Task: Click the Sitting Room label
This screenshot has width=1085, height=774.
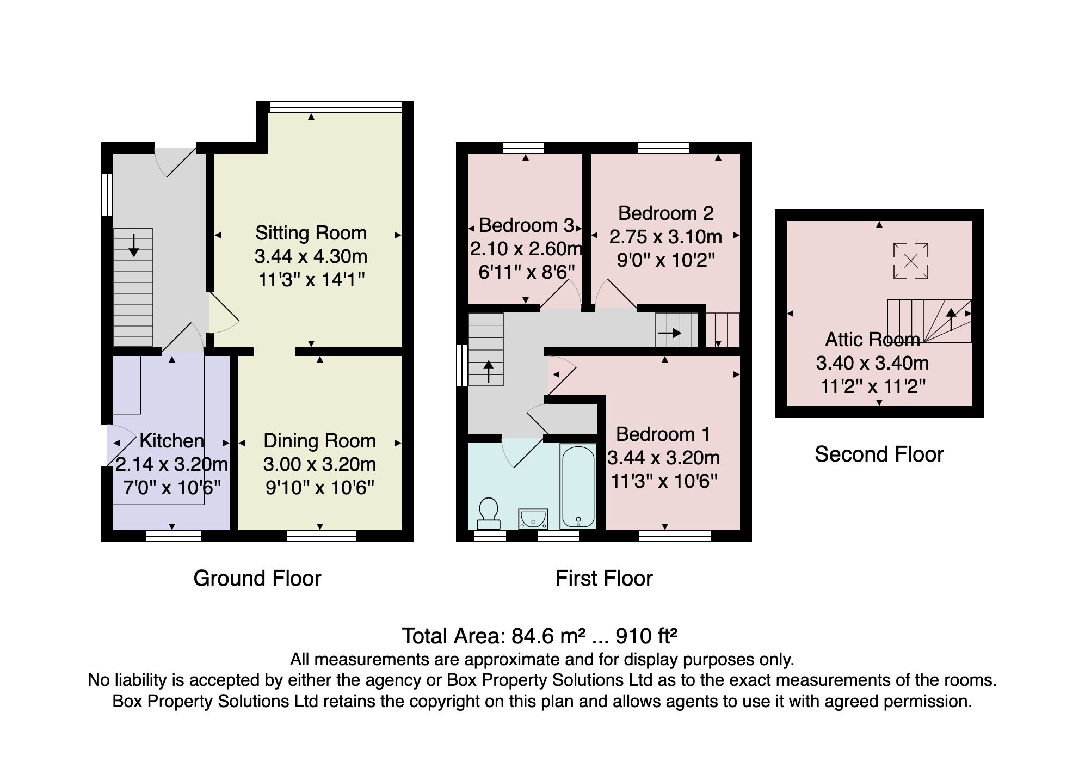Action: (311, 233)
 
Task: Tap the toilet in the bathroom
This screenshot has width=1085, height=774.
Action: (489, 513)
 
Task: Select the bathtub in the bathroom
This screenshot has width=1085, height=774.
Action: (578, 487)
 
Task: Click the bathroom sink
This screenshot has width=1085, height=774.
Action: (533, 519)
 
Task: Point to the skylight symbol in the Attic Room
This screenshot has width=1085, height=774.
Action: (910, 261)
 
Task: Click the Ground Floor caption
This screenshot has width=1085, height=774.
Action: (257, 579)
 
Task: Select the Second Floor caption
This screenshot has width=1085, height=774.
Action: (878, 454)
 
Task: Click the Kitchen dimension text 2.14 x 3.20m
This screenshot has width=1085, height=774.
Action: (171, 464)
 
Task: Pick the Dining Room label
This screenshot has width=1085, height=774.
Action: (319, 441)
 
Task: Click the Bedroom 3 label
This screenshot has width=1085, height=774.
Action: (526, 225)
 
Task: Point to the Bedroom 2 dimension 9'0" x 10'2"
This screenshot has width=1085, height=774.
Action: (665, 260)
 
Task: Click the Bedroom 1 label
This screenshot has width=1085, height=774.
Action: (663, 434)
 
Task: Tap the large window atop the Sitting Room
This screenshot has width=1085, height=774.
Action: (335, 108)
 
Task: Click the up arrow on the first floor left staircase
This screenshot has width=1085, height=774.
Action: (488, 371)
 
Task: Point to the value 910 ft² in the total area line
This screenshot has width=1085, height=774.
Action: (646, 636)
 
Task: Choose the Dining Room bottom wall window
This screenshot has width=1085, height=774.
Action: (321, 536)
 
